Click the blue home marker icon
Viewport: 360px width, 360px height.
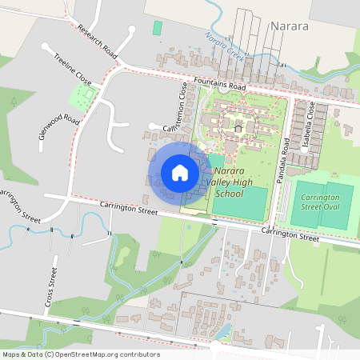(x=180, y=172)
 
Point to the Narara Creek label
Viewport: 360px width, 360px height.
(x=224, y=46)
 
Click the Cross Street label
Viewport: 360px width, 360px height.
(x=52, y=289)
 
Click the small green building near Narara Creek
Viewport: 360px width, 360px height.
(x=157, y=28)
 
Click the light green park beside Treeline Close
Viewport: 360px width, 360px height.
(x=82, y=98)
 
